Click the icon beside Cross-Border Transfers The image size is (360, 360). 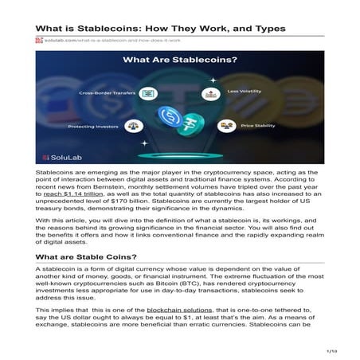pos(147,93)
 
